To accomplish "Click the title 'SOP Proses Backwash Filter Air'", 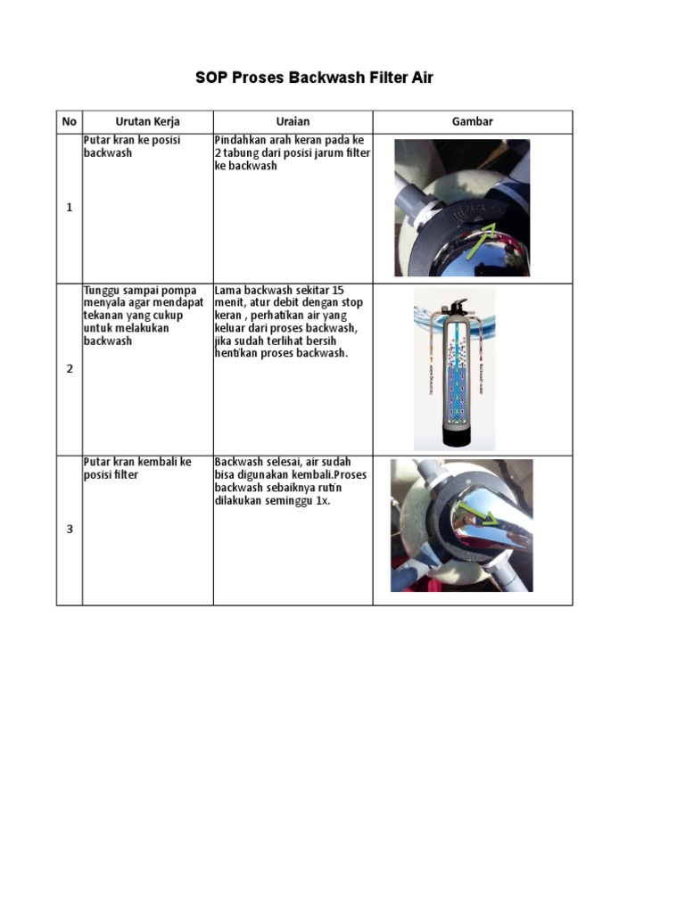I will point(314,78).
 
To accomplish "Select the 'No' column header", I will point(69,121).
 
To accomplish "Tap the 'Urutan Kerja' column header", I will point(147,121).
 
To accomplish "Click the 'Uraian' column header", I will point(293,121).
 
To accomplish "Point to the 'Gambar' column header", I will point(472,121).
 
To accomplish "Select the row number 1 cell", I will point(69,208).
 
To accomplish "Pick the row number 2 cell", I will point(69,368).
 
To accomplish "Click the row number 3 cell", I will point(69,529).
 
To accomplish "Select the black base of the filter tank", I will point(454,438).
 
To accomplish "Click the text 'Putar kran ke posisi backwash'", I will point(131,146).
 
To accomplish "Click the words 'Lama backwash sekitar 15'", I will point(278,290).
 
